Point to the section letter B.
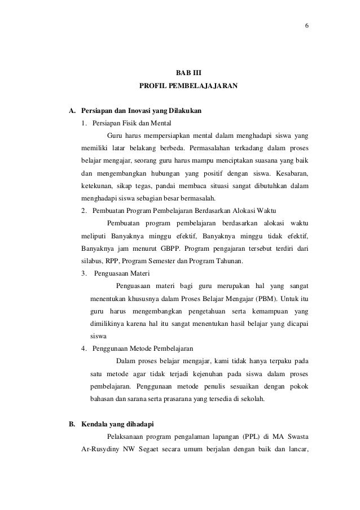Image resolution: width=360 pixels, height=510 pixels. tap(72, 422)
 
